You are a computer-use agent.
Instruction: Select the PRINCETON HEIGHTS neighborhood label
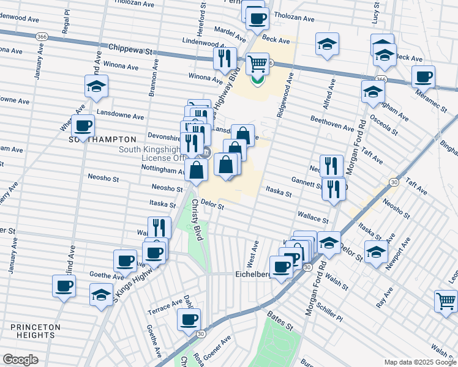[35, 331]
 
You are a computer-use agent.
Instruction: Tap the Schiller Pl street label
[331, 313]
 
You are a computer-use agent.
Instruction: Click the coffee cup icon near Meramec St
[423, 77]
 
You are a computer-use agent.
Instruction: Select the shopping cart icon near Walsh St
[445, 300]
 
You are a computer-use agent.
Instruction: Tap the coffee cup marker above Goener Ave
[189, 319]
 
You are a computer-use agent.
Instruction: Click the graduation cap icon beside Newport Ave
[376, 250]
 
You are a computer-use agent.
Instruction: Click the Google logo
[20, 360]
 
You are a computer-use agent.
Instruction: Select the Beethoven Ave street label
[332, 123]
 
